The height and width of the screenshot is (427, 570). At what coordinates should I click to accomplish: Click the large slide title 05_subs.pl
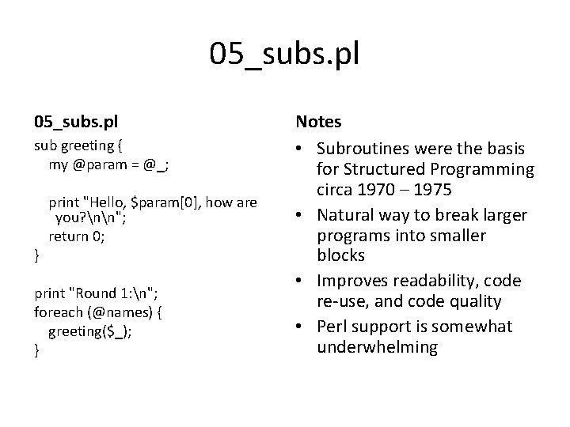(x=284, y=55)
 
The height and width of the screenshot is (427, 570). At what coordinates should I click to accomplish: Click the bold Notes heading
(x=318, y=122)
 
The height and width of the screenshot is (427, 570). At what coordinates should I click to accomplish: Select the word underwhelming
(x=376, y=347)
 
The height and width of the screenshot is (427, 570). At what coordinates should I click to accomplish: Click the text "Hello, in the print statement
(x=105, y=202)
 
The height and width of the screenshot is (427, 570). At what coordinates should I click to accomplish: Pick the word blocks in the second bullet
(x=340, y=256)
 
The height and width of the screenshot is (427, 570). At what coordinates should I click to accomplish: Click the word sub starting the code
(x=44, y=145)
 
